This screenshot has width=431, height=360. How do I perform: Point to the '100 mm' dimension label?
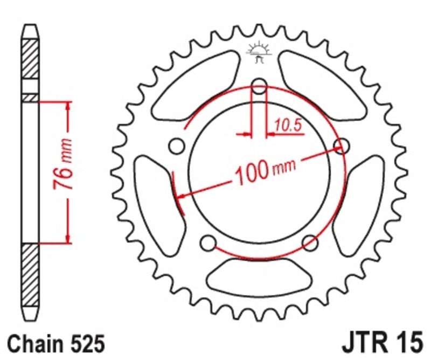(264, 171)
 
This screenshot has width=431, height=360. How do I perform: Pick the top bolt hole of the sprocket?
(260, 86)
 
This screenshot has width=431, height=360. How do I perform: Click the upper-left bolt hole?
(176, 146)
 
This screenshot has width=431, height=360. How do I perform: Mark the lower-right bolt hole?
(310, 243)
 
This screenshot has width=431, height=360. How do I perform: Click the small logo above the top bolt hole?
(259, 53)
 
